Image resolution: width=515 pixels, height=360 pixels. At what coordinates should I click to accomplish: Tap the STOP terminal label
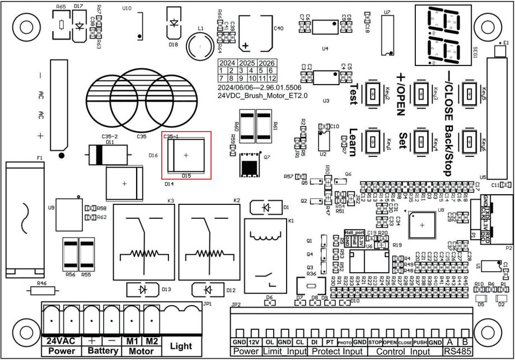(375, 342)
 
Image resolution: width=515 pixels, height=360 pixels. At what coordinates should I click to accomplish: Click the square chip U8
(422, 225)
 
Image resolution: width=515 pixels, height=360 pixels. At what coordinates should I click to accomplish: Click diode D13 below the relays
(143, 289)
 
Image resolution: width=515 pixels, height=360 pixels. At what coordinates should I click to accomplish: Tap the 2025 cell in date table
(247, 63)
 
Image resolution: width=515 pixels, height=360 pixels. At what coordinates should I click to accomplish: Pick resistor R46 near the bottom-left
(41, 291)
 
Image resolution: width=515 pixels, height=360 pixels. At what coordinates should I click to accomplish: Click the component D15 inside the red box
(186, 155)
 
